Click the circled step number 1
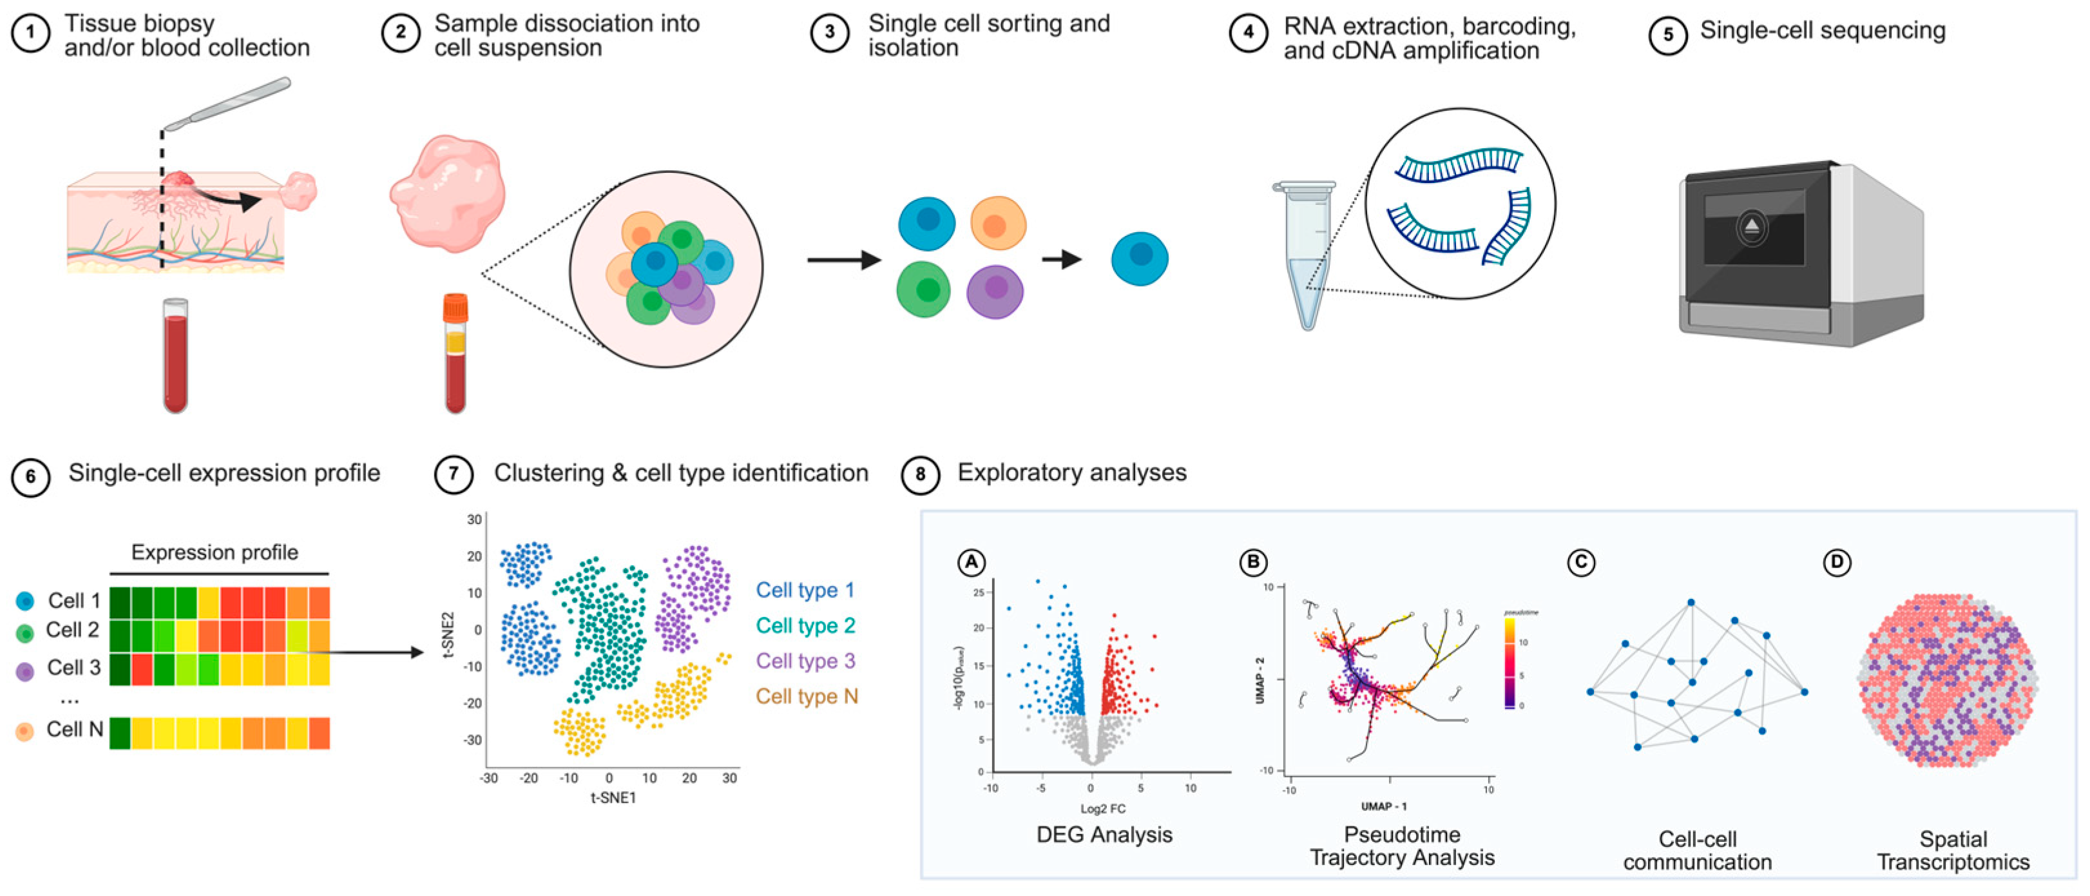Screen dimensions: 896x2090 coord(31,34)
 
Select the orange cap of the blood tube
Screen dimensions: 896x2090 coord(455,307)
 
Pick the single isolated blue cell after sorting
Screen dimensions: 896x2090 coord(1139,259)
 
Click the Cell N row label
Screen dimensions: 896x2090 coord(75,729)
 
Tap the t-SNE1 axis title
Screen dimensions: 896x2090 coord(613,798)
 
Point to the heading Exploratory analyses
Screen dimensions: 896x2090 coord(1071,472)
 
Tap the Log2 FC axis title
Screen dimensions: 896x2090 coord(1102,808)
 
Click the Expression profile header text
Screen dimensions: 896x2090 coord(215,552)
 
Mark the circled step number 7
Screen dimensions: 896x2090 coord(454,475)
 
